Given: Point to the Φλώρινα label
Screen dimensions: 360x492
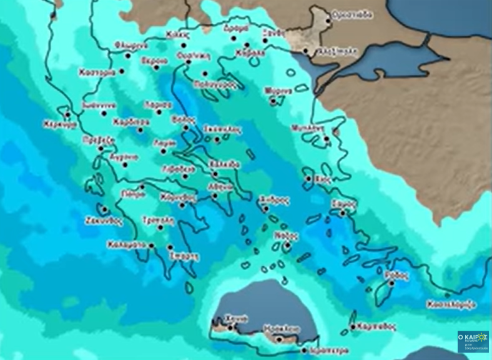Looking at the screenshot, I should click(x=131, y=45).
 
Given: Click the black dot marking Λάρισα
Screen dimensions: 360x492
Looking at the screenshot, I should click(x=159, y=112).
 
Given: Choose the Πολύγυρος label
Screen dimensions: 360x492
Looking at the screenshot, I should click(x=214, y=84).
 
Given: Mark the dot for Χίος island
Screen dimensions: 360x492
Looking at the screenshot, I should click(x=308, y=179).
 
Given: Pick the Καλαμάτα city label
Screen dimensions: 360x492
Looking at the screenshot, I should click(x=126, y=244).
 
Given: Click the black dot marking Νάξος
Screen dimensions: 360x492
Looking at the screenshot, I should click(x=287, y=246).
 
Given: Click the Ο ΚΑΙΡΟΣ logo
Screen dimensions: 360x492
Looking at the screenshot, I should click(x=473, y=341).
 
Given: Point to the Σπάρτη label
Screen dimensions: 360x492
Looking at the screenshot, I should click(x=184, y=256).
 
